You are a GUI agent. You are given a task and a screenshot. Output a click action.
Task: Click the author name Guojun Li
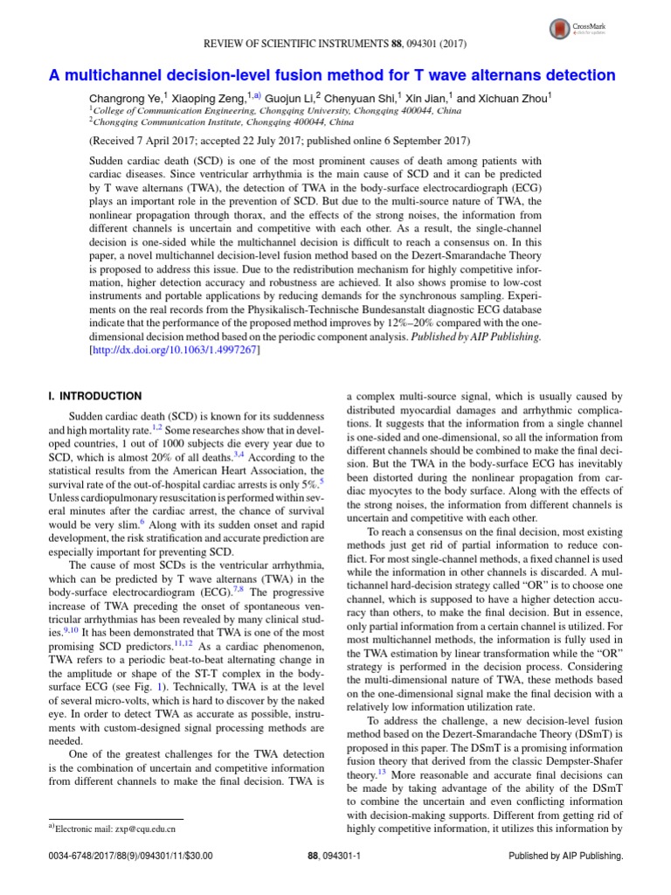(x=287, y=99)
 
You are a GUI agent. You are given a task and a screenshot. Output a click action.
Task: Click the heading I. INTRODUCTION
(x=94, y=396)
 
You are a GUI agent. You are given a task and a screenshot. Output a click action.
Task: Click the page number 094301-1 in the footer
(x=348, y=857)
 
